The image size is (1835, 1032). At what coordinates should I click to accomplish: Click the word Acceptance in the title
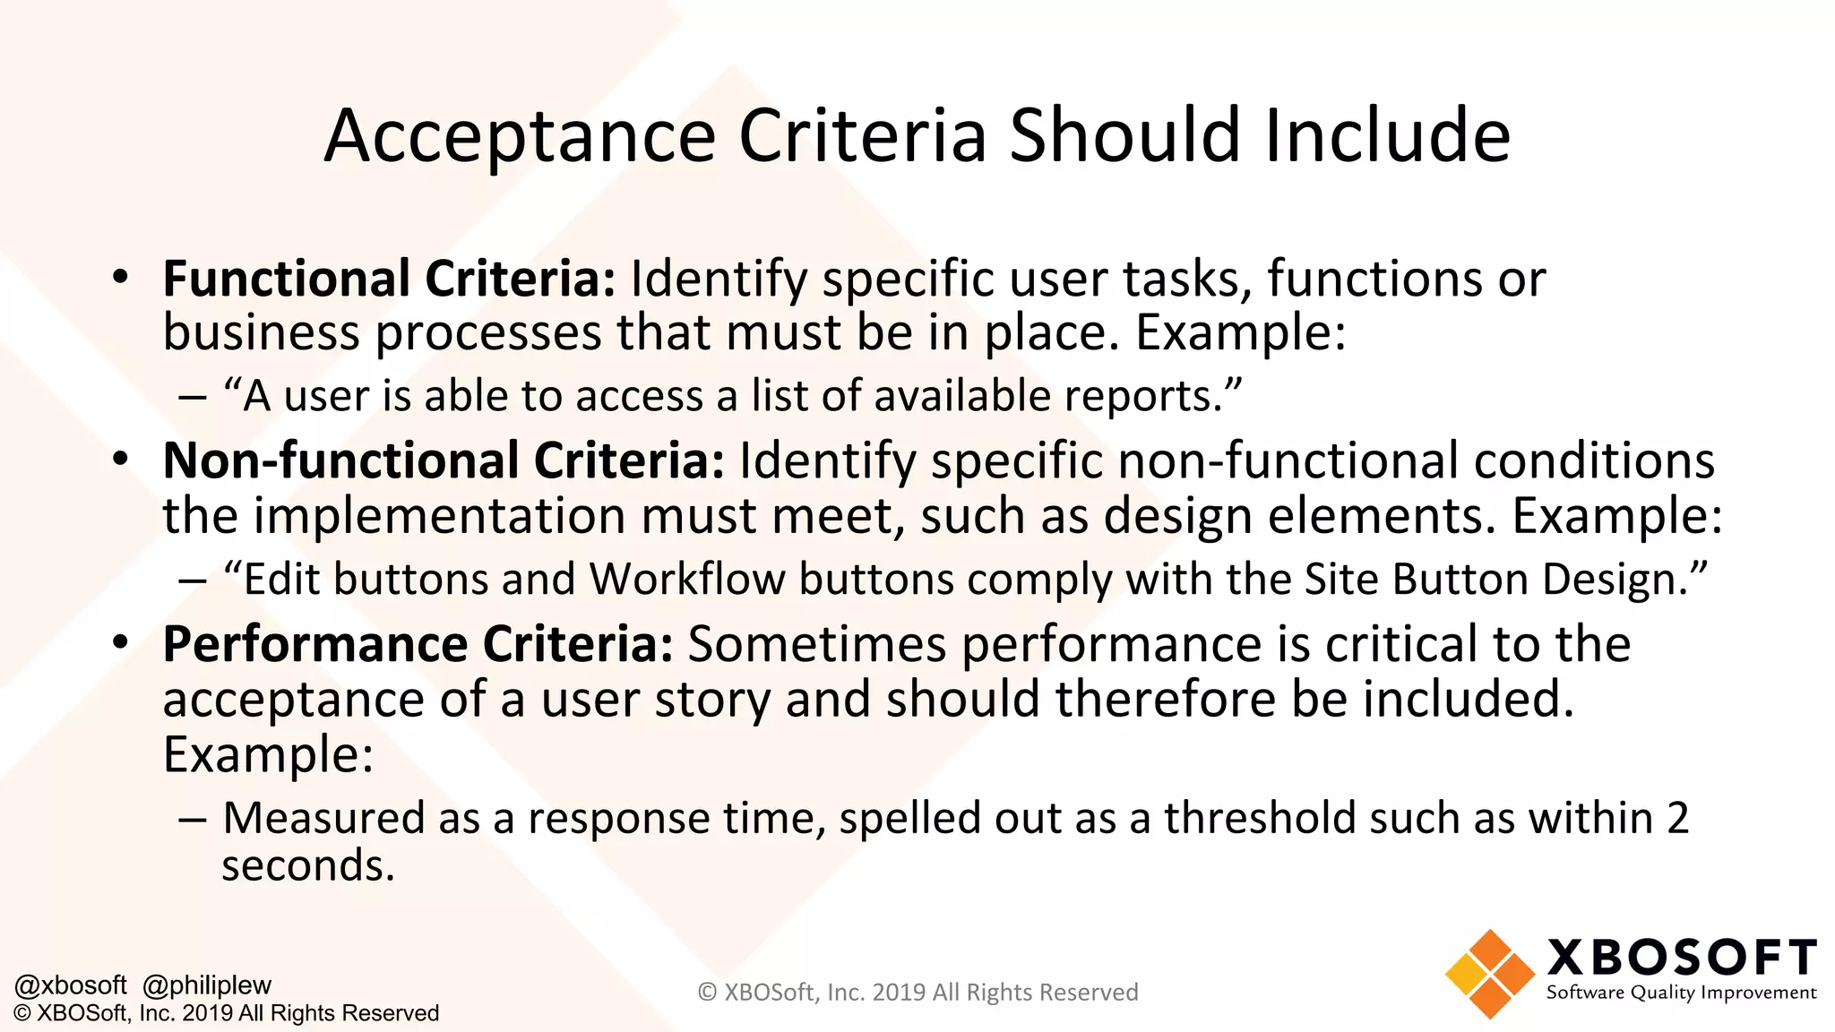coord(520,136)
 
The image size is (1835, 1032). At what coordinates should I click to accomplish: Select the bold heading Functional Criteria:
coord(389,279)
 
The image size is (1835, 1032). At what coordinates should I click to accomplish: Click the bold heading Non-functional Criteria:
coord(444,460)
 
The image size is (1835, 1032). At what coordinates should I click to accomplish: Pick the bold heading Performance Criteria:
coord(418,644)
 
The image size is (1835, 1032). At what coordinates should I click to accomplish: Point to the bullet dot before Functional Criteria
coord(121,277)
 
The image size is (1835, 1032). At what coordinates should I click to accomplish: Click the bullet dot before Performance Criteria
coord(121,642)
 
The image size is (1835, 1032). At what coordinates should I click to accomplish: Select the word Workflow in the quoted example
coord(687,579)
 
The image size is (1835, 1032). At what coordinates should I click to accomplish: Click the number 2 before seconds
coord(1677,818)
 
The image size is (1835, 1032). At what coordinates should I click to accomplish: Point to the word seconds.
coord(307,866)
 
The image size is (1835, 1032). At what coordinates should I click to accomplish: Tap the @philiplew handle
coord(207,985)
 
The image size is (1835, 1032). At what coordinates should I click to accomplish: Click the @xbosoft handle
coord(71,985)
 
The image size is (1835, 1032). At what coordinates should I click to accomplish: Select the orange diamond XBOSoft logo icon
coord(1489,974)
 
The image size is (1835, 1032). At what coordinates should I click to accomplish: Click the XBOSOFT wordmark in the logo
coord(1682,958)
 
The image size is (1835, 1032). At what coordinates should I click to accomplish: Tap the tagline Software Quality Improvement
coord(1681,993)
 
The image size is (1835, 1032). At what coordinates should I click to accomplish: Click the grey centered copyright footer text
coord(917,993)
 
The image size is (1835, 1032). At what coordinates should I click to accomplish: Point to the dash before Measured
coord(192,820)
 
